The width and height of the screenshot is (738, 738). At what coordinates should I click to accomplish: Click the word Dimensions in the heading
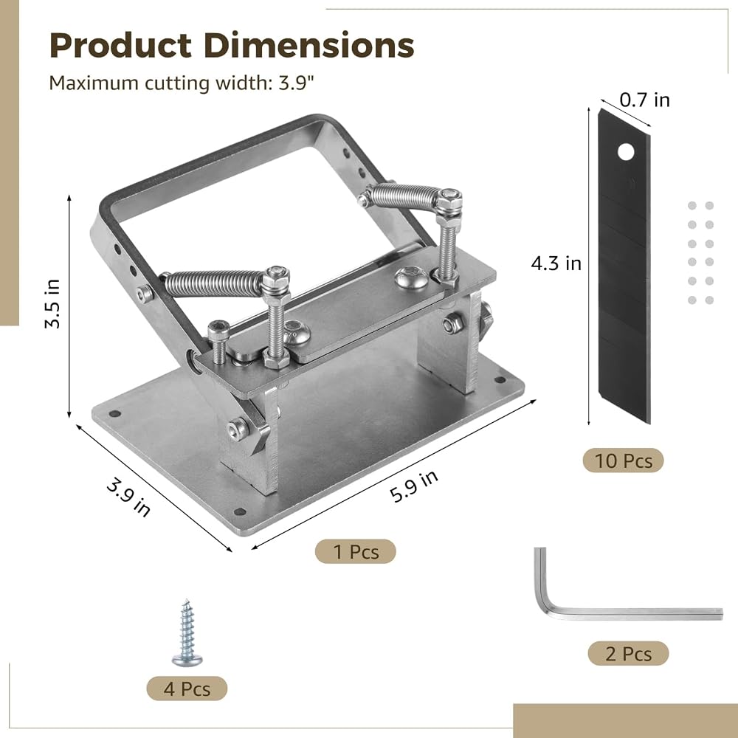coord(308,45)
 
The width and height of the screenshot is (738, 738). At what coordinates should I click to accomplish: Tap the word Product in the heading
coord(120,45)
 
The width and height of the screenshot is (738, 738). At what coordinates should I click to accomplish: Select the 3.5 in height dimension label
coord(52,303)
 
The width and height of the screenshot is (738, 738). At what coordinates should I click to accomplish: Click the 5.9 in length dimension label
coord(414,486)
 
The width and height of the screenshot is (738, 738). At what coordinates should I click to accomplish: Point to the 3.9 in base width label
coord(128,497)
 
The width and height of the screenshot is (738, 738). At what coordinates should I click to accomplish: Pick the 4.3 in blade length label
coord(556,263)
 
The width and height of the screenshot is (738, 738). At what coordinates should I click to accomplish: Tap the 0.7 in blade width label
coord(644,100)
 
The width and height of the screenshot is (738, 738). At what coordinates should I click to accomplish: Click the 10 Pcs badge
coord(623,461)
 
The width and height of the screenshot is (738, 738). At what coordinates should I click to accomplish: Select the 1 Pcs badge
coord(356,551)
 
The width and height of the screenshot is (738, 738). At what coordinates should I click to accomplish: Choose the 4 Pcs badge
coord(187,689)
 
